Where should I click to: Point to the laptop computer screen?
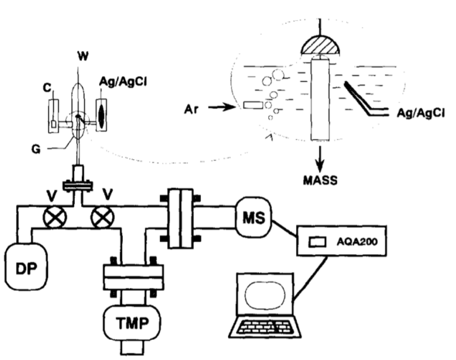click(x=267, y=296)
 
